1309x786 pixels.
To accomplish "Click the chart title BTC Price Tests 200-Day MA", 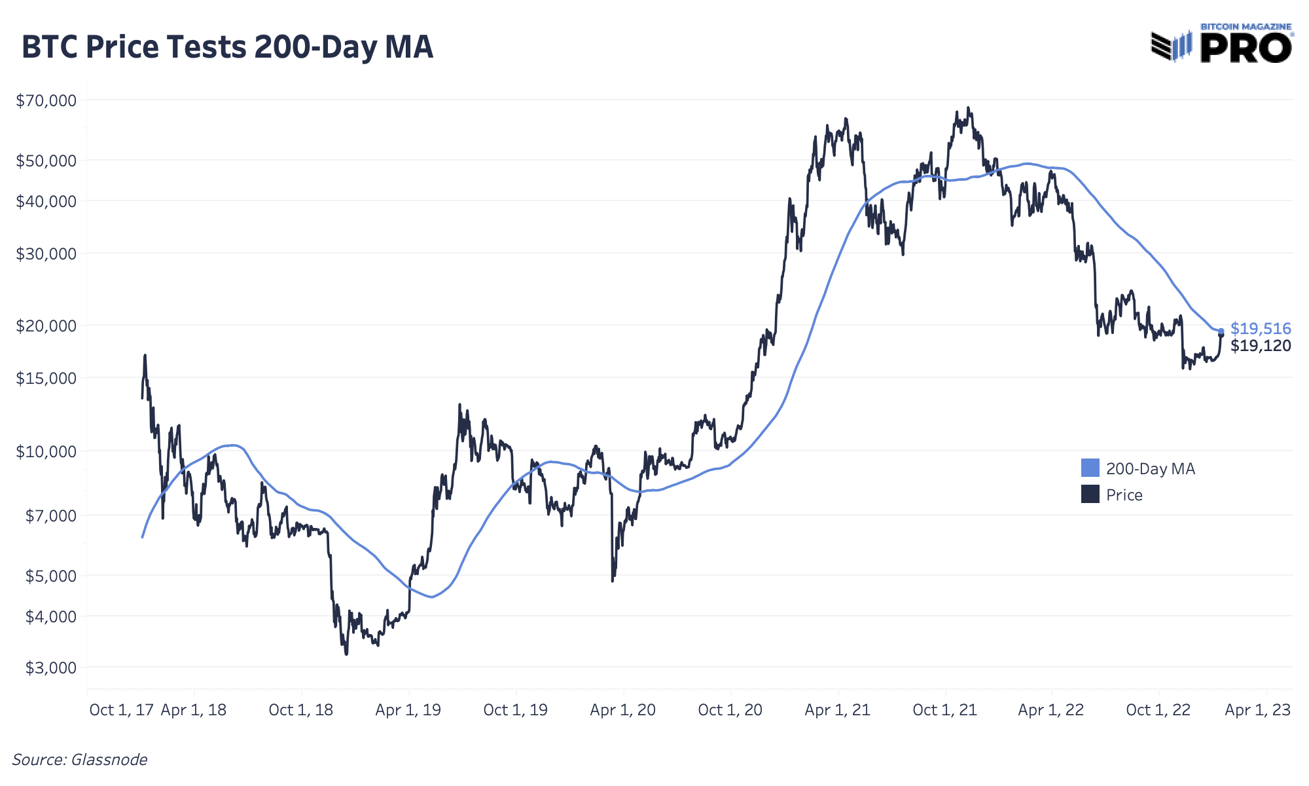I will pos(227,47).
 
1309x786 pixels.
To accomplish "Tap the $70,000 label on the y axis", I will pos(46,100).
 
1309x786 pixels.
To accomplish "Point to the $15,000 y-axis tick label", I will pos(46,378).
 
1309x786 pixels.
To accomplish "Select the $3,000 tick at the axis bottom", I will pos(50,668).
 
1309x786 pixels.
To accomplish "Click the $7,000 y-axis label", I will pos(50,515).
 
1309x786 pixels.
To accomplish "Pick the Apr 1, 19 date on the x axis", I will pos(408,710).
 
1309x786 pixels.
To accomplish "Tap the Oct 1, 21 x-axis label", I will pos(944,710).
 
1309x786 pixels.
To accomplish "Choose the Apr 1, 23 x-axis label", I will pos(1257,710).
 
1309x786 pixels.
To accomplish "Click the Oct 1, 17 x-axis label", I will pos(122,710).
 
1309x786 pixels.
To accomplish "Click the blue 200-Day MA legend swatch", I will pos(1090,468).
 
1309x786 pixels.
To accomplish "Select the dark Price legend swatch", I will pos(1090,494).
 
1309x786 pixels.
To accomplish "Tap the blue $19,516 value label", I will pos(1261,328).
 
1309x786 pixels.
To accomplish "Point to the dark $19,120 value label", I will pos(1261,346).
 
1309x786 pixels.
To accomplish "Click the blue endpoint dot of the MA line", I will pos(1221,331).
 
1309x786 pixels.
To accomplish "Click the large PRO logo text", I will pos(1246,48).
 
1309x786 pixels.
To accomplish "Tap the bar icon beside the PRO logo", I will pos(1172,46).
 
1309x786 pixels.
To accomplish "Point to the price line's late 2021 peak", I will pos(968,108).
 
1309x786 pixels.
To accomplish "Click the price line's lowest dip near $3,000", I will pos(346,653).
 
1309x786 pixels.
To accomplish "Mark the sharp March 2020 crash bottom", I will pos(613,580).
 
